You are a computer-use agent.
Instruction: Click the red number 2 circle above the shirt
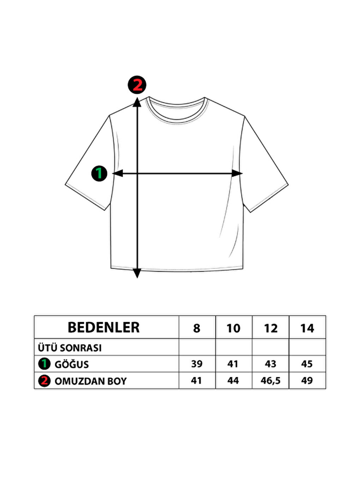(x=137, y=85)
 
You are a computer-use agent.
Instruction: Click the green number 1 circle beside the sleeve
(x=99, y=174)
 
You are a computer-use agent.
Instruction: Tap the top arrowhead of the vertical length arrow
(x=137, y=102)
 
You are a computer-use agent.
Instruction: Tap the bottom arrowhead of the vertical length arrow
(x=137, y=273)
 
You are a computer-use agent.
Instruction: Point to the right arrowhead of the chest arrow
(x=237, y=173)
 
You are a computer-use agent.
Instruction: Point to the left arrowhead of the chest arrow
(x=118, y=173)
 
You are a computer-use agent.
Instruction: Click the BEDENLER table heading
(x=104, y=328)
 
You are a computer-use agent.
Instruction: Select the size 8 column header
(x=197, y=328)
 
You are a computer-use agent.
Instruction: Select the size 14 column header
(x=307, y=328)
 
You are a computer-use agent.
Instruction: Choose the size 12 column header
(x=271, y=328)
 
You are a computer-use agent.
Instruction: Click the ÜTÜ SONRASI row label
(x=70, y=348)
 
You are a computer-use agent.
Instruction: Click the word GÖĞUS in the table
(x=72, y=364)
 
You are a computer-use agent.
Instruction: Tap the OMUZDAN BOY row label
(x=91, y=381)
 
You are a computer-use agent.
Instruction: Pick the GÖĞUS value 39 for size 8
(x=197, y=364)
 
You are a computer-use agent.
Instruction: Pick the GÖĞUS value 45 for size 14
(x=307, y=364)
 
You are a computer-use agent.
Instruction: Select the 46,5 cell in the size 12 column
(x=271, y=381)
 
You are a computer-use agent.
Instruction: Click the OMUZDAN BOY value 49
(x=307, y=381)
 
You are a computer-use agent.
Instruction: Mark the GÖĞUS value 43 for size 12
(x=271, y=364)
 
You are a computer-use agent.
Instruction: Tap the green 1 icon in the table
(x=44, y=364)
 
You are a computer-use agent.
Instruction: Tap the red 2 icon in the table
(x=44, y=381)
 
